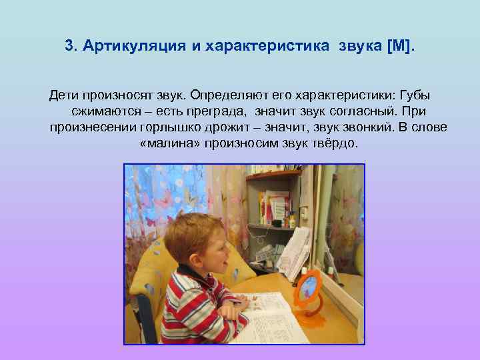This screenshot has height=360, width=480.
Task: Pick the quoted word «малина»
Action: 171,143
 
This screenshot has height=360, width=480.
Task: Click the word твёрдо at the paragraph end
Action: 337,143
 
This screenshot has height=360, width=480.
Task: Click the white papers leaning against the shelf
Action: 295,250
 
